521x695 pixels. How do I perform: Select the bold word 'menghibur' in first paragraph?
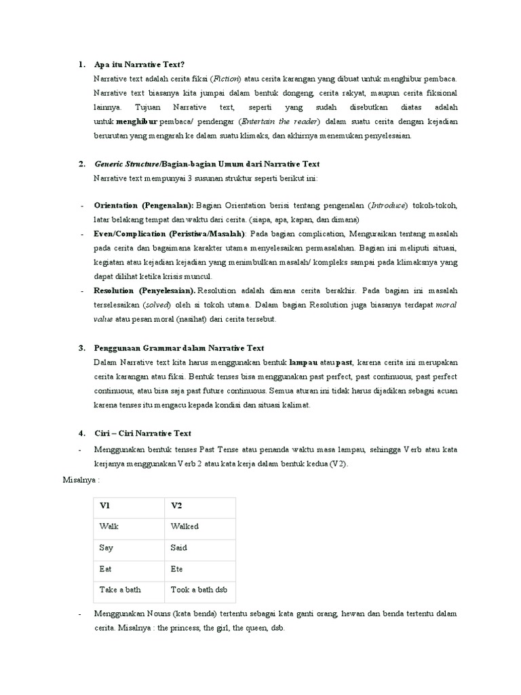click(136, 121)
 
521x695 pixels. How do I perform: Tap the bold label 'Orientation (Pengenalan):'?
click(144, 206)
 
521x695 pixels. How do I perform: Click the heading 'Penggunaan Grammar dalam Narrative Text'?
click(179, 347)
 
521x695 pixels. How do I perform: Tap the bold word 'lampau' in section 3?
click(303, 362)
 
